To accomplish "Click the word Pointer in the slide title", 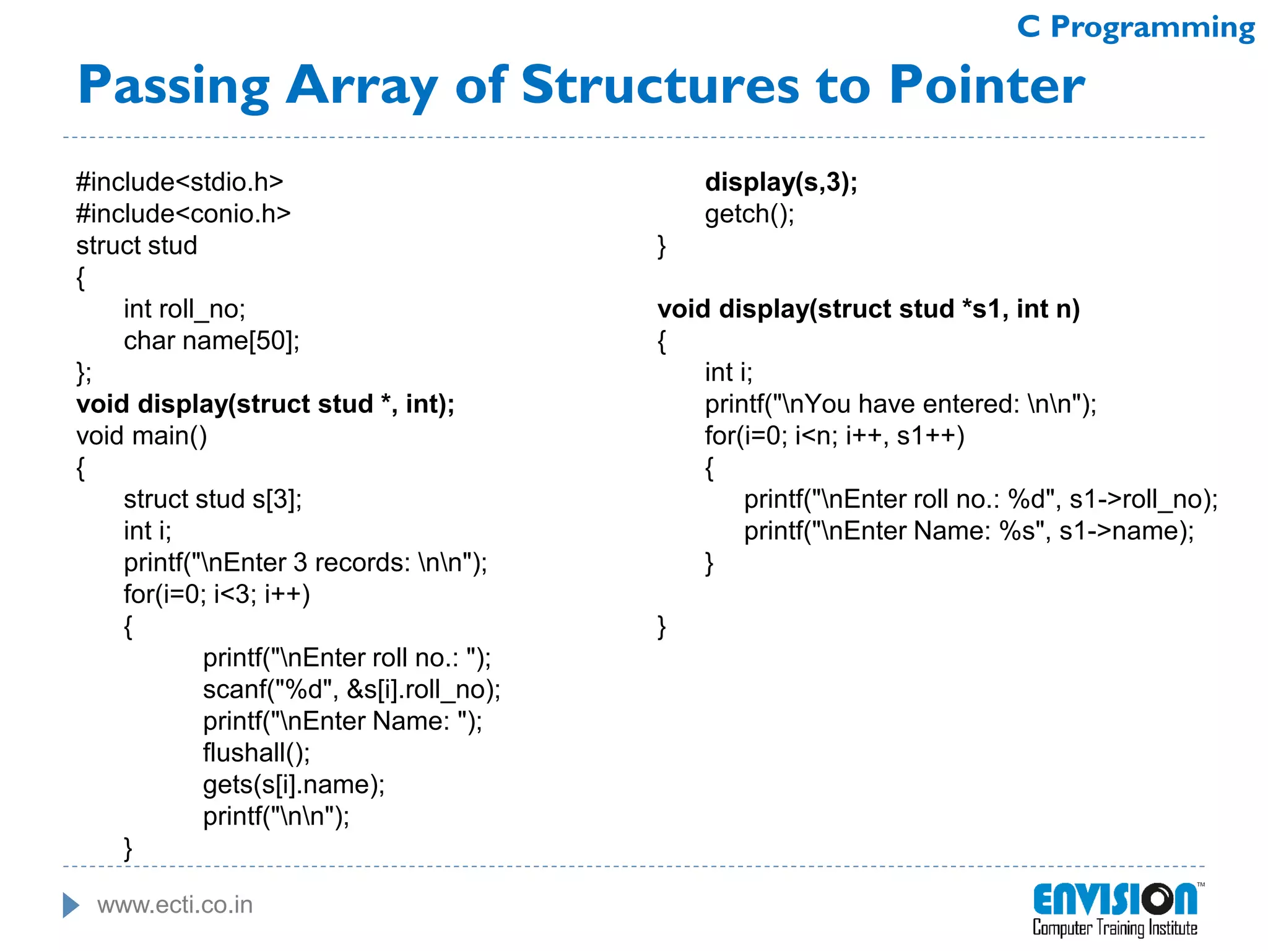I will point(987,85).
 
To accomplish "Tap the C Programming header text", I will point(1136,27).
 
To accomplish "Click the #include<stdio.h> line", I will point(180,182).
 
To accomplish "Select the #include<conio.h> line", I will point(183,214).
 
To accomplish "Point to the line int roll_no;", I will point(185,309).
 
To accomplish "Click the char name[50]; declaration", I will point(211,341).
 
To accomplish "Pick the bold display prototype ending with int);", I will point(265,404).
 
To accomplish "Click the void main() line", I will point(141,436).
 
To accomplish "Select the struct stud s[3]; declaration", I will point(212,499).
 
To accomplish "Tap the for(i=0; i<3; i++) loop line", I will point(217,594).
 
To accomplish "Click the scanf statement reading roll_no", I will point(351,690).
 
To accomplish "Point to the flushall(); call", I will point(256,753).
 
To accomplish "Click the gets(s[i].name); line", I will point(293,785).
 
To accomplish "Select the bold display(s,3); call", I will point(781,182).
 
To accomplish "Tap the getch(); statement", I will point(749,214).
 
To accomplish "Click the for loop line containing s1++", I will point(834,436).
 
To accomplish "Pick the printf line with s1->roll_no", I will point(980,499).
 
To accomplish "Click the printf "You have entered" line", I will point(900,404).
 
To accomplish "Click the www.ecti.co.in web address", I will point(175,905).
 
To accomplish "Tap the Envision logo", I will point(1115,909).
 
